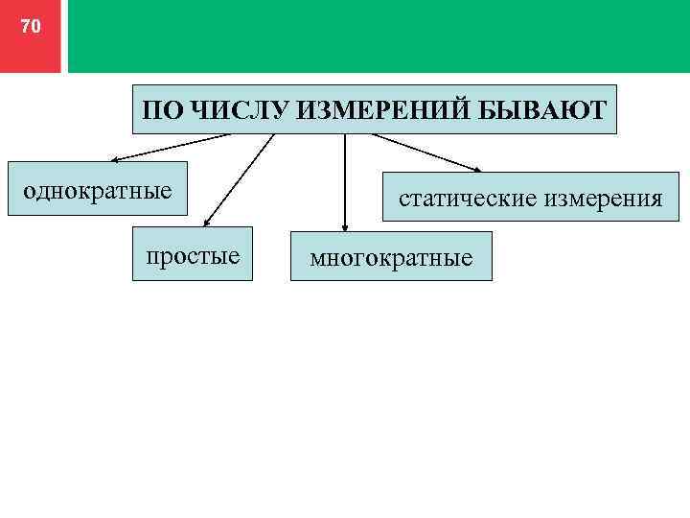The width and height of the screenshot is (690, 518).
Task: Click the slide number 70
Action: click(31, 27)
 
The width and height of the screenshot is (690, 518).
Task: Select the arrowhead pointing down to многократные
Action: click(344, 226)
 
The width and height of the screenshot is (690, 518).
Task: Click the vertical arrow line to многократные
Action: click(344, 182)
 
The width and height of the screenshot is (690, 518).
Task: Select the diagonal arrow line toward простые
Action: click(240, 178)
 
